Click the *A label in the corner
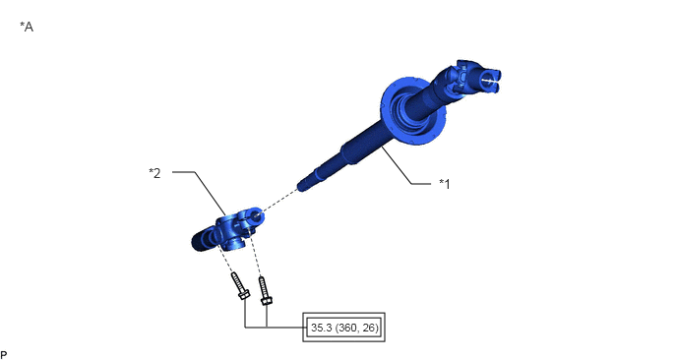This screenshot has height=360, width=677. [x=27, y=27]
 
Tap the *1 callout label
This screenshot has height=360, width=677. [x=445, y=184]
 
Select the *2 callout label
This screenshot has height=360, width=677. [x=154, y=173]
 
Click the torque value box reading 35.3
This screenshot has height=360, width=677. [x=343, y=328]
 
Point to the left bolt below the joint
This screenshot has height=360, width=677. [x=240, y=286]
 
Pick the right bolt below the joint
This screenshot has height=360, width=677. [x=265, y=291]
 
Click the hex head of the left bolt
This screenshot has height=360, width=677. [x=244, y=295]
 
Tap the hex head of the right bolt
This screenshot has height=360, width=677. [x=267, y=300]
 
